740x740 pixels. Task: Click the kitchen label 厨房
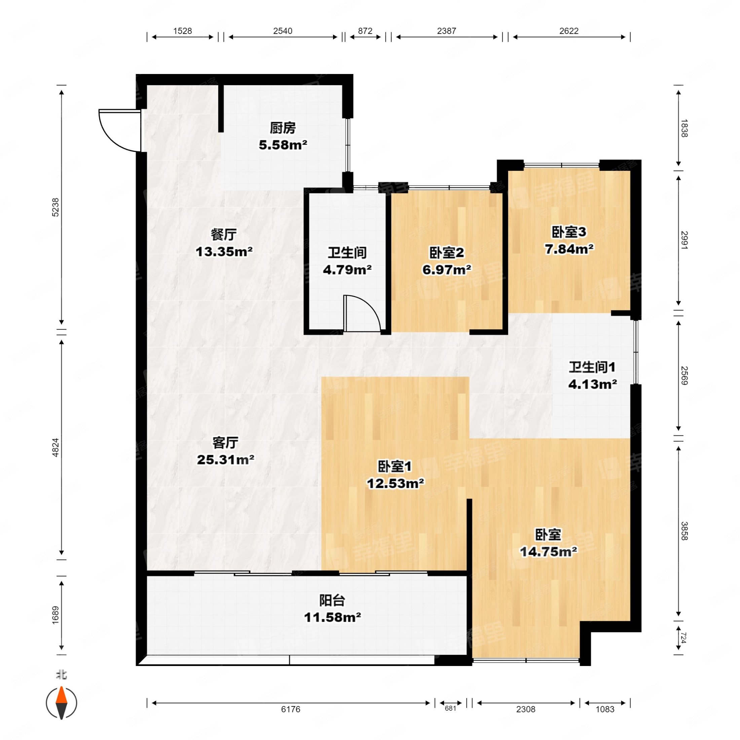(283, 128)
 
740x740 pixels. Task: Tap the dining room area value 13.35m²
(224, 252)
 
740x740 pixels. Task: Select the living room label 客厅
(225, 443)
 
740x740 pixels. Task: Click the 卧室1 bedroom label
(395, 467)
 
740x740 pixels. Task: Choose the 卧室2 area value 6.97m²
(447, 270)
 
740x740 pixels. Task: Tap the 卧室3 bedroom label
(569, 232)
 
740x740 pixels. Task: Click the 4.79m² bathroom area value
(347, 270)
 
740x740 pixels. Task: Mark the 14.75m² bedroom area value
(548, 552)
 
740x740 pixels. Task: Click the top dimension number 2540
(283, 31)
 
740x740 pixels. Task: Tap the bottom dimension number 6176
(291, 709)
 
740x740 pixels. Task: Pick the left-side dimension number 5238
(56, 207)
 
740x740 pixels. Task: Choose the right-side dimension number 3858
(684, 531)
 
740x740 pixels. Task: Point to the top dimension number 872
(365, 31)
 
